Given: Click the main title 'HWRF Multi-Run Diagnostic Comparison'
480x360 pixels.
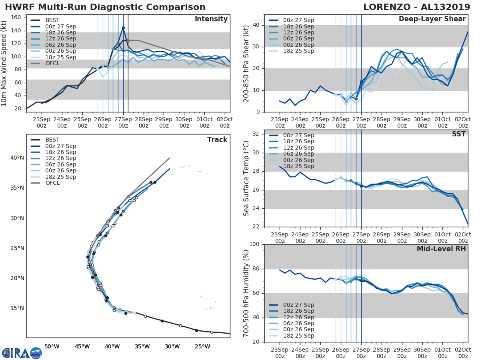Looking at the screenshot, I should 105,7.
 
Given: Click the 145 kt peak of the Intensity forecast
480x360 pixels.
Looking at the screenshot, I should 123,28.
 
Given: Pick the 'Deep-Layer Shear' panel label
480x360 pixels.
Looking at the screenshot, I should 432,19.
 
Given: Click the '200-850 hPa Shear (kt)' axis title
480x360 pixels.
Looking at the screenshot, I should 246,63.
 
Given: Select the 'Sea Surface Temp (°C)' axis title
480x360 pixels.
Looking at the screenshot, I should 246,178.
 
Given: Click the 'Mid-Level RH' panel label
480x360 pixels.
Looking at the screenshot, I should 441,249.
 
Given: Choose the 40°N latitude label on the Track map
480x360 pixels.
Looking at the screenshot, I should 17,158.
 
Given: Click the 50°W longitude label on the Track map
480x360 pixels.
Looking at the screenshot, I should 52,346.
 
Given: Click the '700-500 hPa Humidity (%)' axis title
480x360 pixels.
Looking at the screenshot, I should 246,293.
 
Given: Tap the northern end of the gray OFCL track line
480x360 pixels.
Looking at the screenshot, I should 170,158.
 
